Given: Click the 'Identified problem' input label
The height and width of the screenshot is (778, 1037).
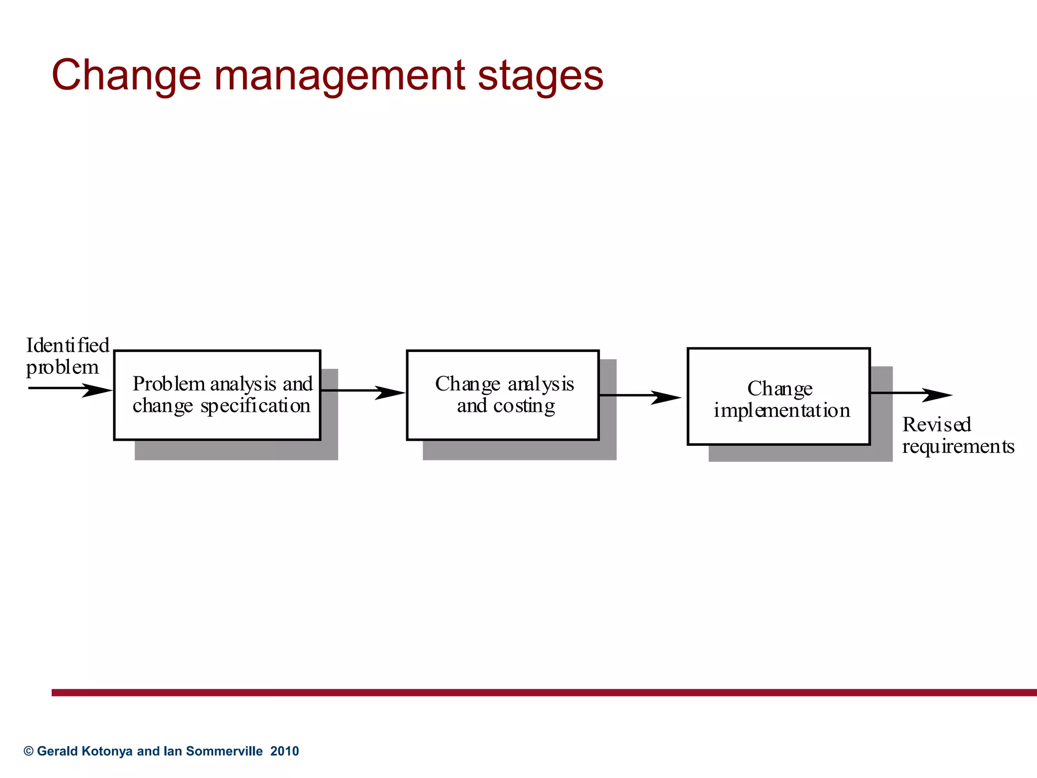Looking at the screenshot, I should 67,356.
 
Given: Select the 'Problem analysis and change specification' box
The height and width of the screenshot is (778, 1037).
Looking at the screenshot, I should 217,395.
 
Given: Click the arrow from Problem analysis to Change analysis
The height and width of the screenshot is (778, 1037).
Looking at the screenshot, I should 363,392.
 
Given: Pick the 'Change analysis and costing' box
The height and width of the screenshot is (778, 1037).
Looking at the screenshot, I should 502,395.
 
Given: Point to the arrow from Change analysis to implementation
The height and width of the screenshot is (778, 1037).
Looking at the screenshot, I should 640,396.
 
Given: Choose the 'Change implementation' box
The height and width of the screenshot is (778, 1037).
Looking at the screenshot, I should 778,397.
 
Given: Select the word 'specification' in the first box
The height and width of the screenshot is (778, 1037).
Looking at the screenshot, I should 255,407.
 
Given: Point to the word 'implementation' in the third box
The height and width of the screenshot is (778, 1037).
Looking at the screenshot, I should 782,411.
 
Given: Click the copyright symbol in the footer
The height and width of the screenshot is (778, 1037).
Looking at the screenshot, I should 28,751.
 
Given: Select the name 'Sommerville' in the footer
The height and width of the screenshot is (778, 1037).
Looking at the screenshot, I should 224,751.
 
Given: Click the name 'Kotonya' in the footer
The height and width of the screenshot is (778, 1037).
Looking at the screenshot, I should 107,751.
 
